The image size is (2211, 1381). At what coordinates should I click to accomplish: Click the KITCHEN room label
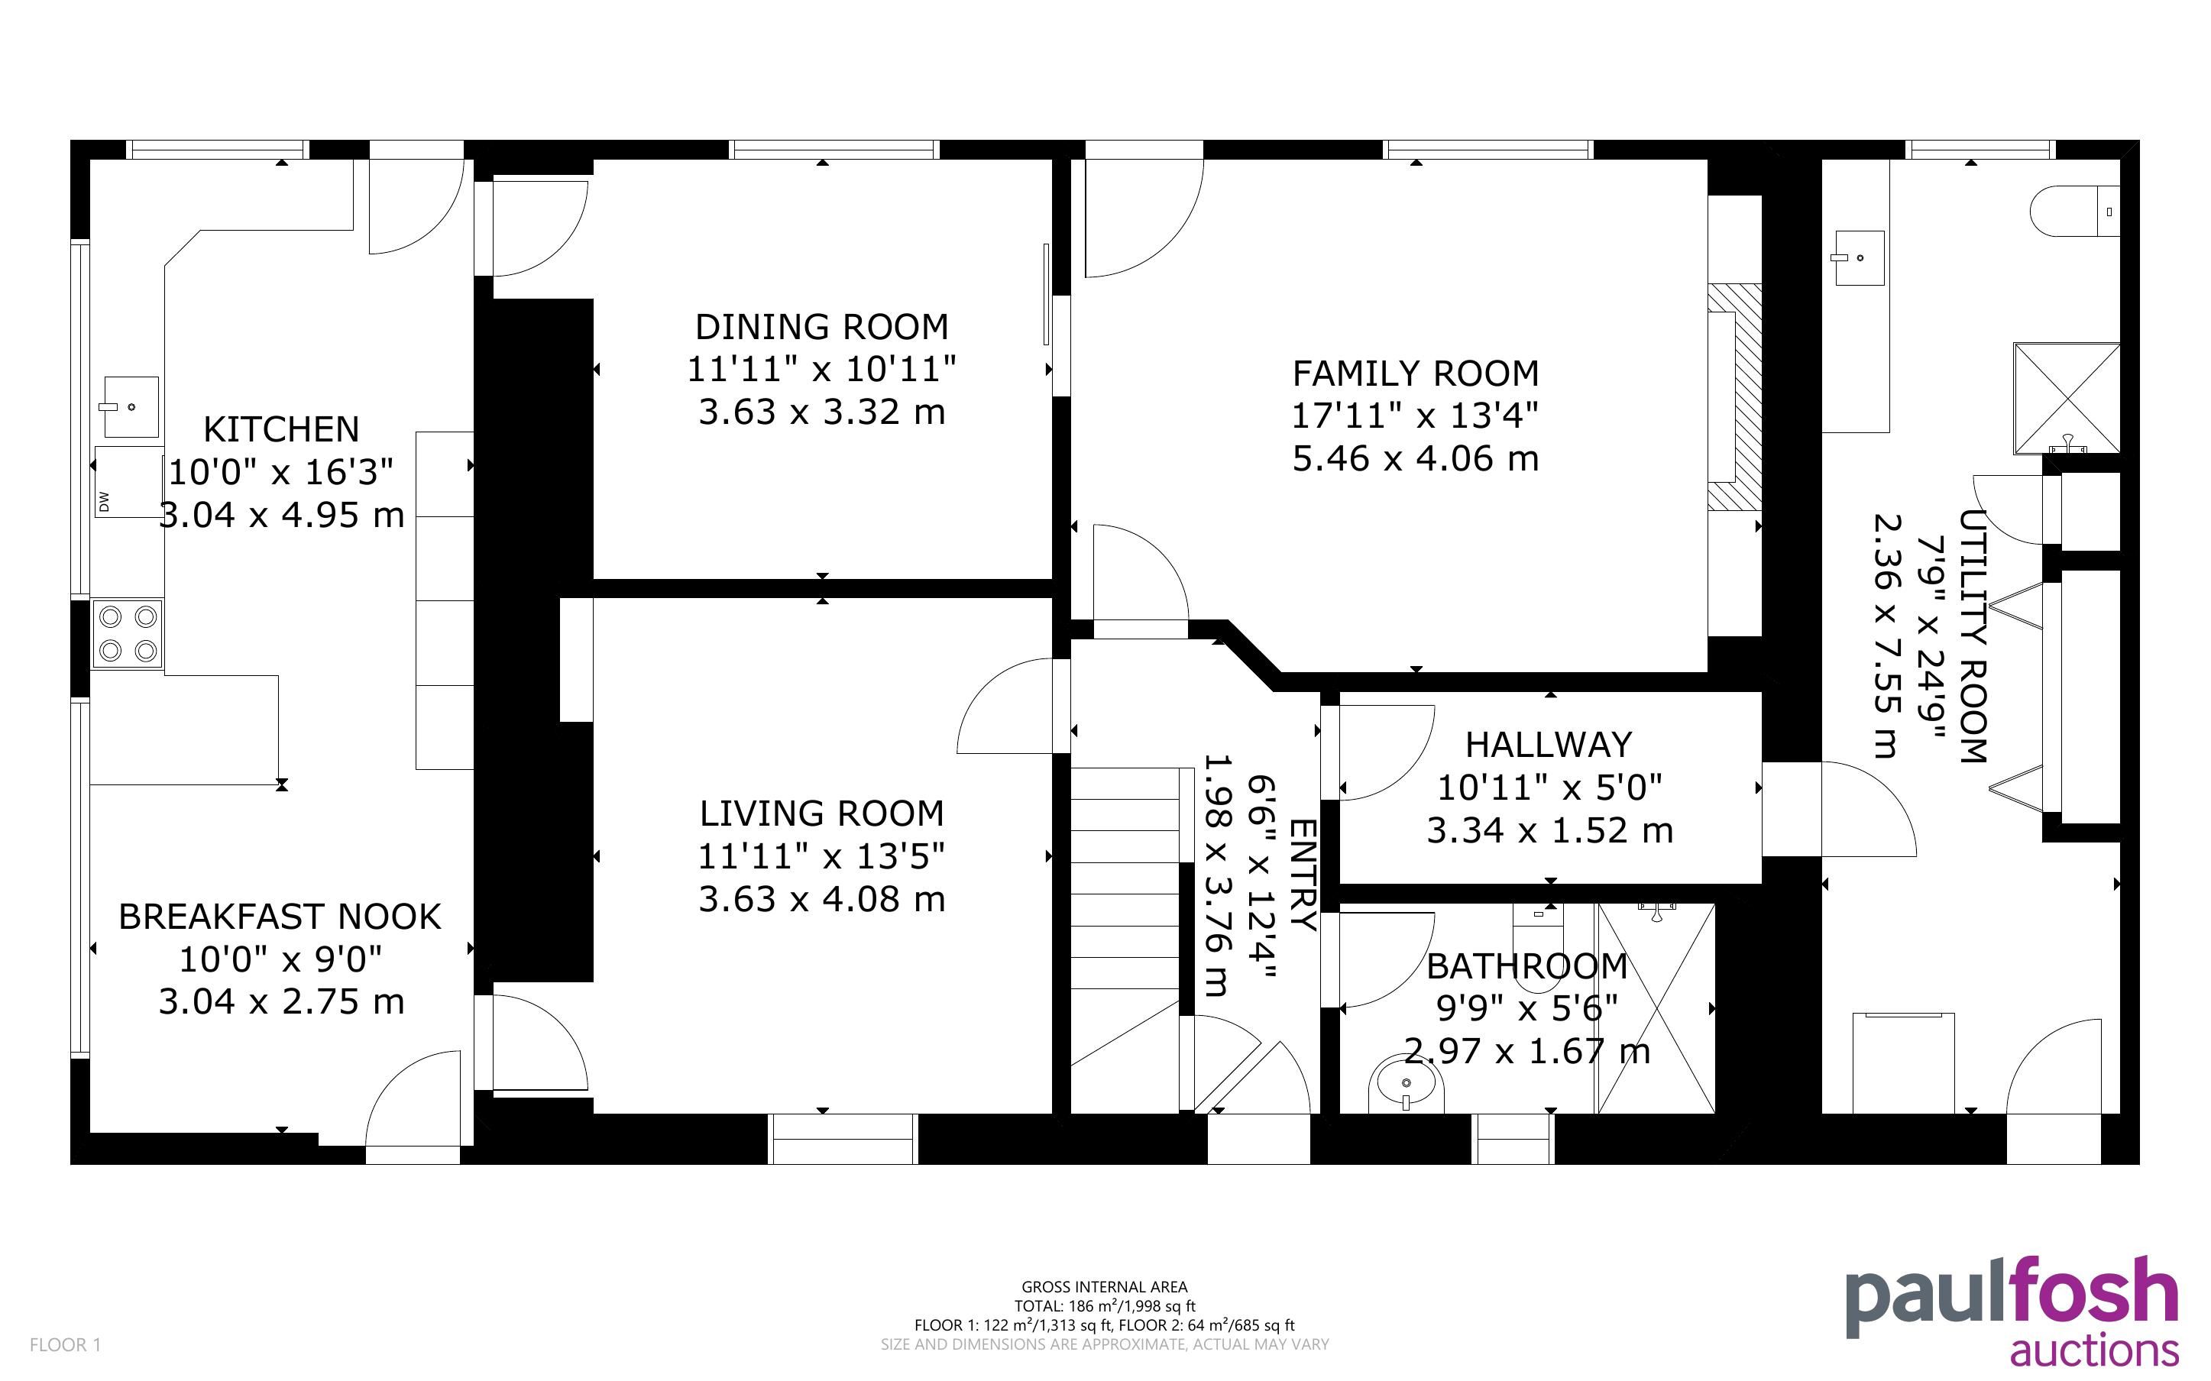tap(281, 429)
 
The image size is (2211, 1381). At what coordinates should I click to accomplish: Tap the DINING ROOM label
tap(822, 327)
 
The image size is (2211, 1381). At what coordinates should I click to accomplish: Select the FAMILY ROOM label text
tap(1416, 374)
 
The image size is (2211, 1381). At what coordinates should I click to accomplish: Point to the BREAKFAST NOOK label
tap(280, 917)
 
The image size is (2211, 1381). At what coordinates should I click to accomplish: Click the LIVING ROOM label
tap(822, 813)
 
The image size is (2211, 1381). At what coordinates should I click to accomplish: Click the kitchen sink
tap(131, 407)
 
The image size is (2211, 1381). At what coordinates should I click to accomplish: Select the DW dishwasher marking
tap(104, 501)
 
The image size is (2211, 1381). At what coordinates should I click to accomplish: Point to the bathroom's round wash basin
tap(1407, 1085)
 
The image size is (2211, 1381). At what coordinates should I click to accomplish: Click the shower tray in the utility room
tap(2067, 398)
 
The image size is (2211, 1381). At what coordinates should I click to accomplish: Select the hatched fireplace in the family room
tap(1734, 396)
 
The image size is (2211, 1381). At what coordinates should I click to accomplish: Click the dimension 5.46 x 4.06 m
tap(1416, 458)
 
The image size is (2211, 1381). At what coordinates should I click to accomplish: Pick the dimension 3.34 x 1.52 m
tap(1550, 831)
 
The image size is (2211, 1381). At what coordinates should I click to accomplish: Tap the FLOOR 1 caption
tap(66, 1344)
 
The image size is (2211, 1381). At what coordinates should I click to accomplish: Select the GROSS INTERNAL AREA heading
tap(1104, 1287)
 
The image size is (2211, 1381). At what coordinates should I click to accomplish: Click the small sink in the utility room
tap(1859, 257)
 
